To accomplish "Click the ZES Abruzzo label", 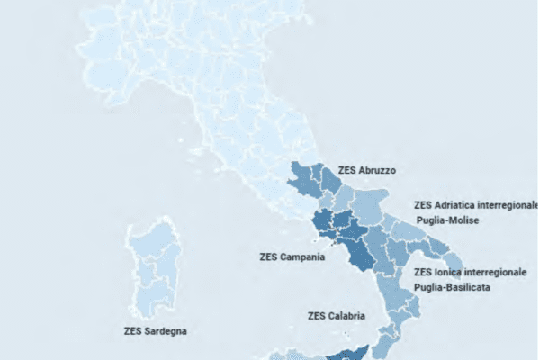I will tap(366, 169).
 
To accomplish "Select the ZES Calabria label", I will tap(336, 315).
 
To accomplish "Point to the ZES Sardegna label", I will tap(155, 330).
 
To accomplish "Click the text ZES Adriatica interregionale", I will tap(475, 205).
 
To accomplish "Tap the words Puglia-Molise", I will tap(447, 220).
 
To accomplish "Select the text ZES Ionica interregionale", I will tap(464, 271).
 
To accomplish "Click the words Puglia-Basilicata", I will tap(453, 287).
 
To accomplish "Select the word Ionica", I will tap(449, 271).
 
